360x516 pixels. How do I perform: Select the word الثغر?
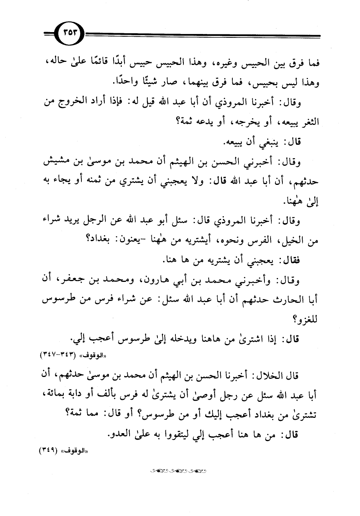pyautogui.click(x=308, y=122)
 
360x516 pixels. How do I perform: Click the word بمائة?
pyautogui.click(x=57, y=395)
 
